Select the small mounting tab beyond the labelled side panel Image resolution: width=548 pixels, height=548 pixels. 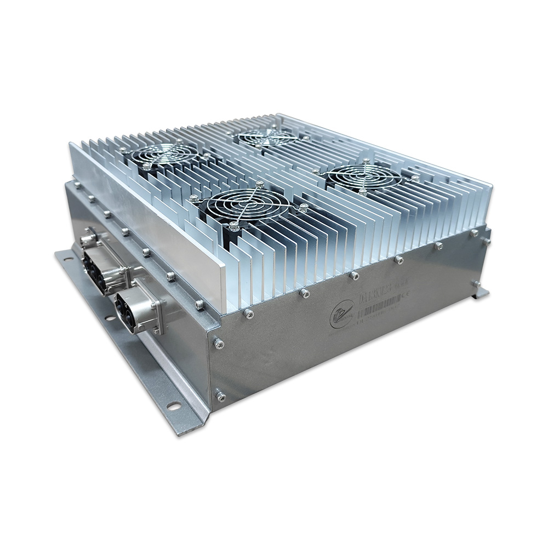click(480, 292)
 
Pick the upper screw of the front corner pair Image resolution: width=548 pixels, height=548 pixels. click(218, 344)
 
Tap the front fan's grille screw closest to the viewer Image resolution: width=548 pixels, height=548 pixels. click(235, 225)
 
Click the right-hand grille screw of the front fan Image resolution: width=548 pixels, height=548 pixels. click(303, 207)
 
